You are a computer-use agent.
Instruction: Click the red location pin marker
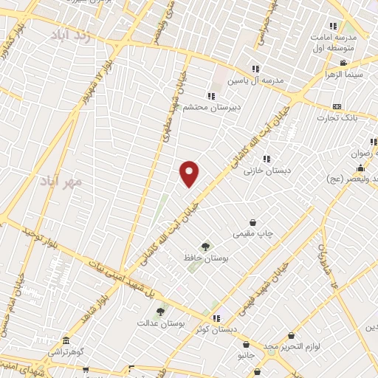click(190, 173)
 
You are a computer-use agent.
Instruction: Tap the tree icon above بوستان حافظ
click(205, 247)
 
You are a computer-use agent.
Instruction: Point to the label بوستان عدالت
click(159, 323)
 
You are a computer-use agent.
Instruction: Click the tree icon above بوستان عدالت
click(159, 310)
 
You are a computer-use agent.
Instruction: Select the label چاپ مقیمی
click(253, 234)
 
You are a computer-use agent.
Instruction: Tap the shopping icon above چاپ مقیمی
click(253, 221)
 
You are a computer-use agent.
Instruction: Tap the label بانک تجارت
click(337, 117)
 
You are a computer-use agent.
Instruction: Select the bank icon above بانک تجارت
click(337, 106)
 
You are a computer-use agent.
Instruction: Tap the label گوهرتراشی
click(67, 353)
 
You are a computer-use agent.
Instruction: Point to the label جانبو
click(246, 354)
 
